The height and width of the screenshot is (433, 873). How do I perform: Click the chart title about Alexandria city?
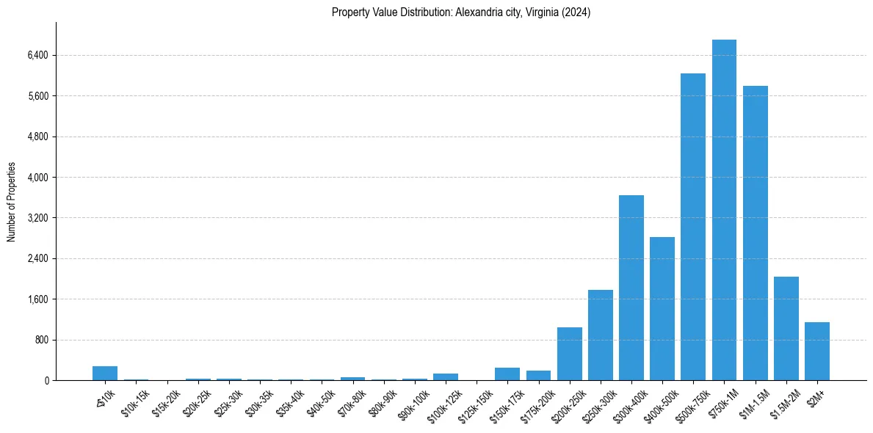click(461, 12)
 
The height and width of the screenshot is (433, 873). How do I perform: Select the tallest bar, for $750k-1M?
click(724, 210)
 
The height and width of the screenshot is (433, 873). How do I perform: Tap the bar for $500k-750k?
click(692, 227)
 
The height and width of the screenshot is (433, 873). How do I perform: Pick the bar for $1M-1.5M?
click(755, 233)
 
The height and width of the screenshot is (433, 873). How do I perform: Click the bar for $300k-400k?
click(631, 288)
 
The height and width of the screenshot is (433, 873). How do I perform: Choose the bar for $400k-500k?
click(662, 308)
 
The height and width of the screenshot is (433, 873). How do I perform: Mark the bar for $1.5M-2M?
click(786, 328)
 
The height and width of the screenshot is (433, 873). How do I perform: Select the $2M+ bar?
click(816, 351)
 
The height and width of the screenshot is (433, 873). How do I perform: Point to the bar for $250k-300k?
click(600, 335)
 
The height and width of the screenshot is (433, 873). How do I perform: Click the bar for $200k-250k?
click(569, 354)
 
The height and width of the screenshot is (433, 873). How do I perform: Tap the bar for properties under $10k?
click(105, 373)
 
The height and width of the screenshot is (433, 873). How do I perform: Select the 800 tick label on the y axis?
click(41, 340)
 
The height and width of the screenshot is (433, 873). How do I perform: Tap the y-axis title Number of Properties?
click(12, 201)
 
